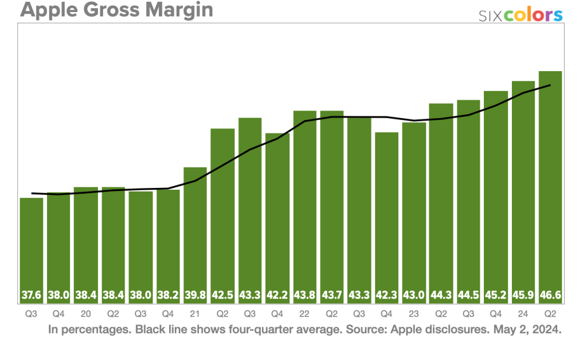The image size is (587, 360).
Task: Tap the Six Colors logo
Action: pos(521,15)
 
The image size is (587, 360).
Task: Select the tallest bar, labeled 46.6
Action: pos(550,183)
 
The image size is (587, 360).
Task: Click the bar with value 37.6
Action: pos(32,246)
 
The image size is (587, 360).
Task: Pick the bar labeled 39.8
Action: pos(195,229)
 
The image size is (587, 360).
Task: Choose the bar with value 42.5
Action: pos(222,212)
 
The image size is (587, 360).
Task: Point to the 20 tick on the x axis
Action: pos(86,314)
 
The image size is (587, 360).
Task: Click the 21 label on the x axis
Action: pos(195,314)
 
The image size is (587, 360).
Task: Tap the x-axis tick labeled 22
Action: pos(304,314)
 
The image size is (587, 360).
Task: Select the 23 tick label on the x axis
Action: pos(414,314)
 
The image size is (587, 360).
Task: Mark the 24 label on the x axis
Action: pos(523,314)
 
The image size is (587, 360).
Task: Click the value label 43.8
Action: pos(304,296)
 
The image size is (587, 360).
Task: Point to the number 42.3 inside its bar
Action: pos(387,296)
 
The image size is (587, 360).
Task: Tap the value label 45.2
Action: pos(496,296)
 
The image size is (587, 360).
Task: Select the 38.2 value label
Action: pos(168,296)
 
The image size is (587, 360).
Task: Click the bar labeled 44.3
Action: pos(441,201)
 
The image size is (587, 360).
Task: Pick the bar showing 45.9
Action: pos(523,189)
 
